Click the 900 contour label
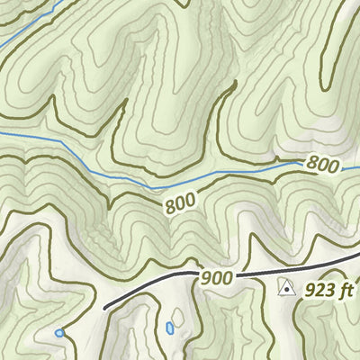(x=216, y=278)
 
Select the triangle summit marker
(x=286, y=288)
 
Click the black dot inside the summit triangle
(x=286, y=290)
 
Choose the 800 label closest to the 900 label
(x=181, y=205)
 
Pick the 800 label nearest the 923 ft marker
(x=322, y=165)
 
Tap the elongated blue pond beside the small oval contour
(x=169, y=328)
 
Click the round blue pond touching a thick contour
(x=59, y=333)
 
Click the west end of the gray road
(x=105, y=308)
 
